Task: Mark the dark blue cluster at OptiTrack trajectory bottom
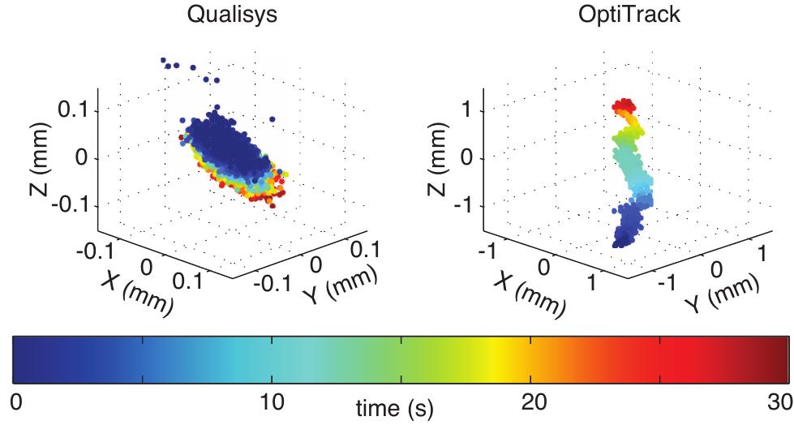(625, 230)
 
